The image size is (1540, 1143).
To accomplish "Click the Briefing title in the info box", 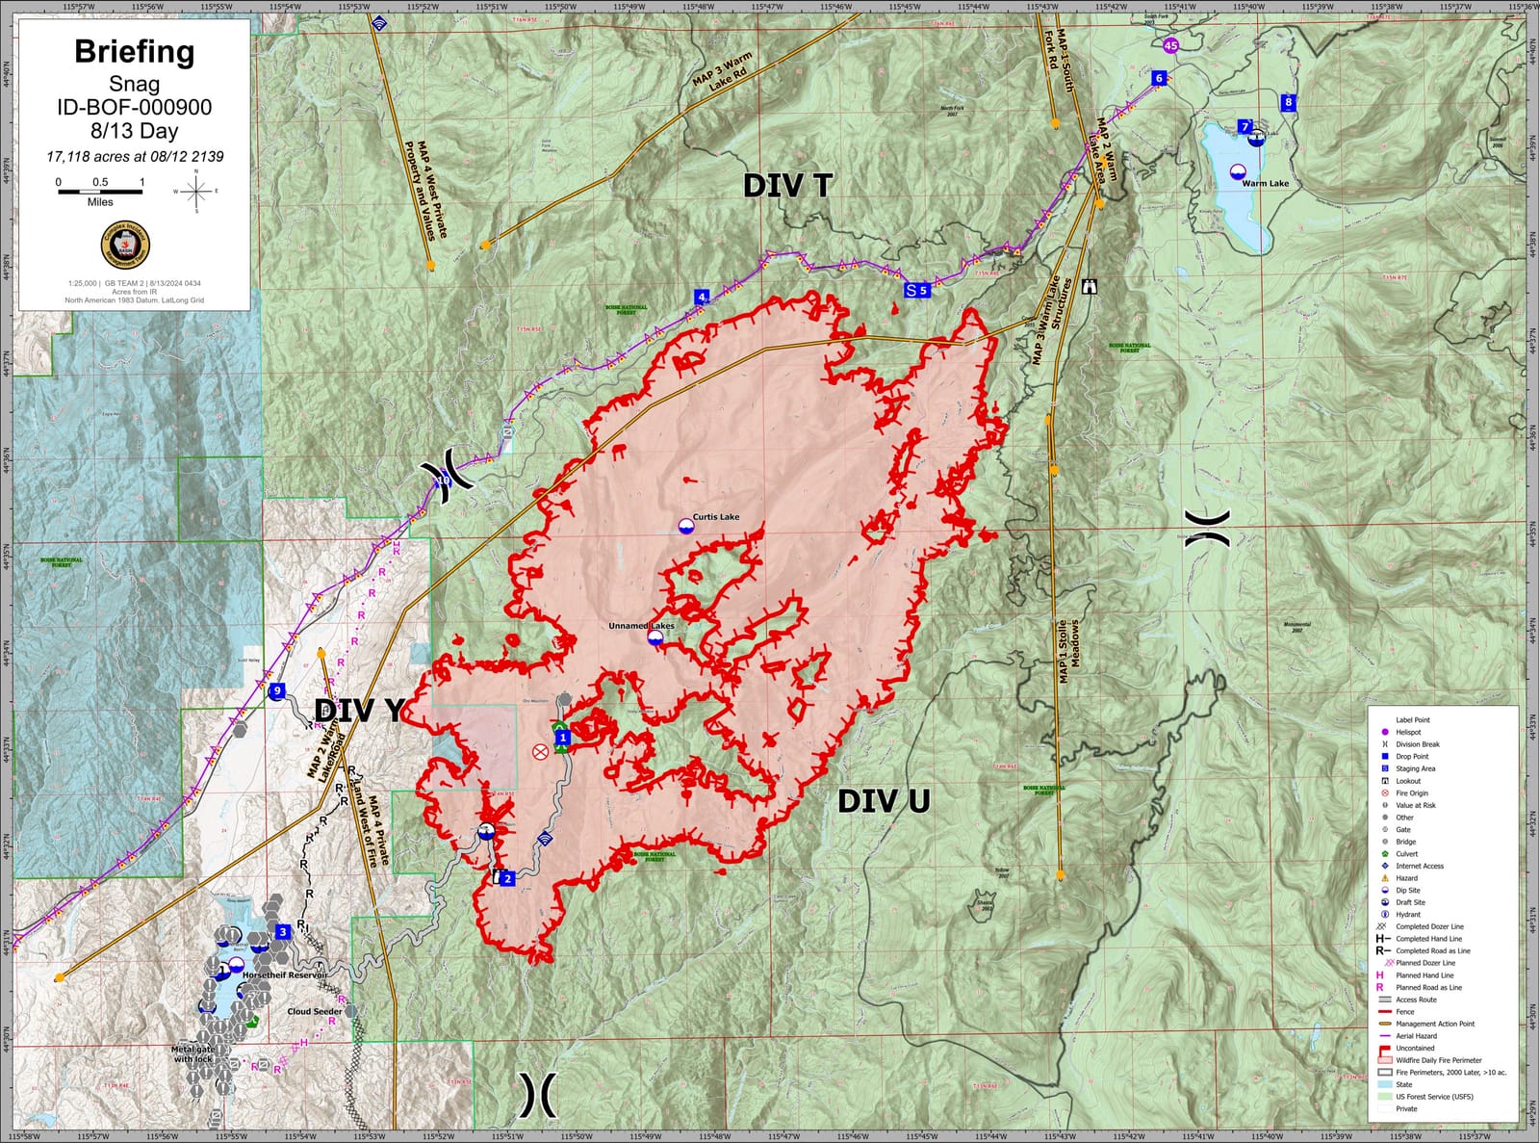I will coord(134,52).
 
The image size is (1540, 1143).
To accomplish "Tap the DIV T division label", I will coord(787,186).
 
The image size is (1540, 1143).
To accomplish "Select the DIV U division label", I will coord(883,800).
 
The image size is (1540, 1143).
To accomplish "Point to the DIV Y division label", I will coord(359,711).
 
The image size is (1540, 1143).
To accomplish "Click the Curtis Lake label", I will coord(716,517).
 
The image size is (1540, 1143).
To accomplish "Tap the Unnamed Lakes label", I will coord(641,626).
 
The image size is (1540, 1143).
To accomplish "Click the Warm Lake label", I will coord(1265,183).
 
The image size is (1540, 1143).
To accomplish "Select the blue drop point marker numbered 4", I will coord(702,298).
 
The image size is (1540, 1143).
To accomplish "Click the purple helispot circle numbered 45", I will coord(1170,45).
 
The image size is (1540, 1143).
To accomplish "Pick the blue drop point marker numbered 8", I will coord(1288,102).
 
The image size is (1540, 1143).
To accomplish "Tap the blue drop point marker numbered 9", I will coord(277,691).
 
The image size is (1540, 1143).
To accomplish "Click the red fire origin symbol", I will coord(540,751).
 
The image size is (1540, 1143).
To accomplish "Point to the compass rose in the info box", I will coord(196,192).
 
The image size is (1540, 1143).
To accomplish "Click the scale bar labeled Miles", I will coord(100,192).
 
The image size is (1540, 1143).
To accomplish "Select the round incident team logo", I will coord(125,246).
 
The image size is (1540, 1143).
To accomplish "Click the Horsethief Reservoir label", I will coord(285,975).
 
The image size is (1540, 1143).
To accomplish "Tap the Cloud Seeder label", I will coord(315,1011).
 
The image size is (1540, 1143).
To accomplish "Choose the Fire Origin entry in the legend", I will coord(1412,793).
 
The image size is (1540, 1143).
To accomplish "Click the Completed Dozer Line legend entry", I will coord(1429,926).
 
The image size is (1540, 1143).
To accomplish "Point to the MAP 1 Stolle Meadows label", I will coord(1068,652).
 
